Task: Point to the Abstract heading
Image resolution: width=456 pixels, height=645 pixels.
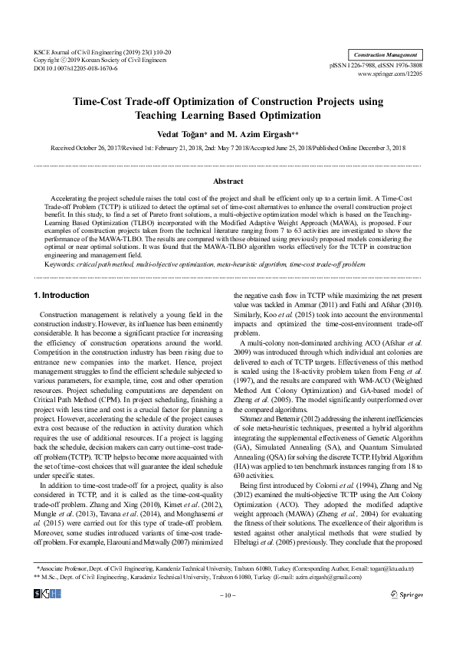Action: click(228, 182)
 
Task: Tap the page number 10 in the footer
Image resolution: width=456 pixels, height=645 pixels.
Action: click(228, 616)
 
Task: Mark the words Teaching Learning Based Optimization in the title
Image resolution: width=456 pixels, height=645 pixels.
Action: click(228, 115)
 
